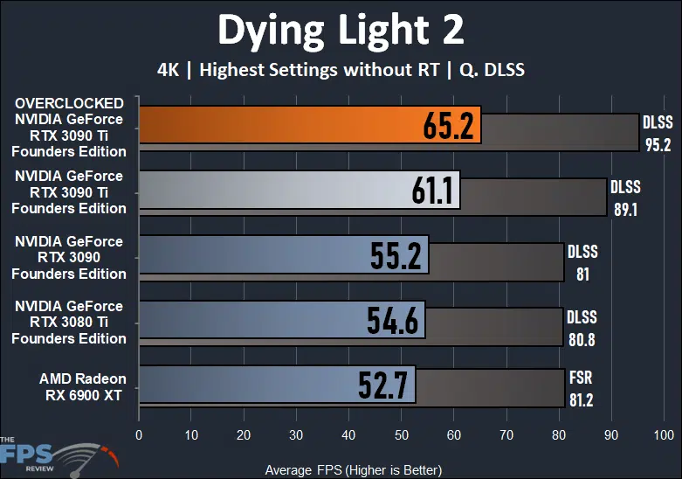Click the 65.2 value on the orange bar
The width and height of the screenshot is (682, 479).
(x=448, y=127)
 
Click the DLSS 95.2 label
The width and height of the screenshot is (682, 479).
(x=658, y=133)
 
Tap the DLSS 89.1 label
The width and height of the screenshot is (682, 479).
(x=625, y=198)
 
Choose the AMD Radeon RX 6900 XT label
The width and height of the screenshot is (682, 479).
(x=82, y=386)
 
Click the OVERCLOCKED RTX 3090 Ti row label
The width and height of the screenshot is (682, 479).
(x=69, y=127)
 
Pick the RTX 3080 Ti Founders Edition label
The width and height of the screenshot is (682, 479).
(x=69, y=322)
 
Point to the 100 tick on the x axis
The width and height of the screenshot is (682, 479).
(x=664, y=434)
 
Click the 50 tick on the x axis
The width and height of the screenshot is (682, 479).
(x=401, y=434)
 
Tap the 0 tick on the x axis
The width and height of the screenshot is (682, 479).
(x=139, y=434)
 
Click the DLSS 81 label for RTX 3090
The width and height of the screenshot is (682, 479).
(x=582, y=262)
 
